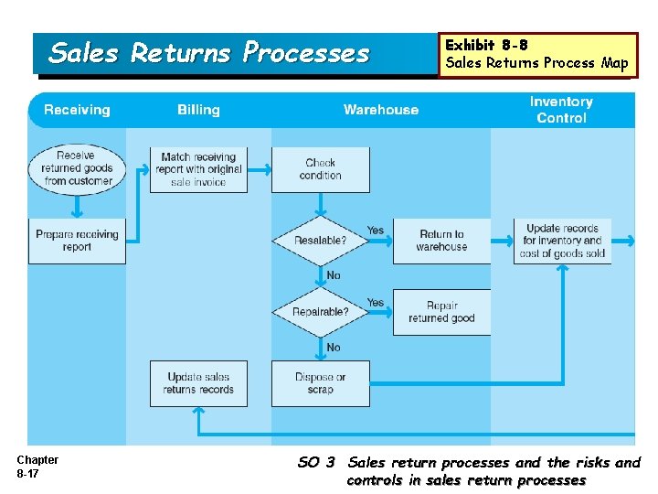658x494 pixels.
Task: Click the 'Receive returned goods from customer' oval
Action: pyautogui.click(x=77, y=168)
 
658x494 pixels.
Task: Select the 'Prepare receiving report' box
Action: pyautogui.click(x=77, y=241)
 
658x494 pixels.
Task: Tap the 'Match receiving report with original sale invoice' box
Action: pyautogui.click(x=199, y=169)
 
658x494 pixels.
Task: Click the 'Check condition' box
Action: pyautogui.click(x=321, y=169)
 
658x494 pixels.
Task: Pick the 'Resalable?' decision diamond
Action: pyautogui.click(x=321, y=241)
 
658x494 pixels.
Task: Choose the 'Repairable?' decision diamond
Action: pyautogui.click(x=321, y=312)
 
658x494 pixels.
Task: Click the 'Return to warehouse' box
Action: pyautogui.click(x=441, y=241)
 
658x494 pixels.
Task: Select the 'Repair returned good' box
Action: pyautogui.click(x=441, y=312)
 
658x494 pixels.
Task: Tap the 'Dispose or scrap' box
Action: pyautogui.click(x=321, y=383)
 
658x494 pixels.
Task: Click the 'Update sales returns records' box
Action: pyautogui.click(x=198, y=383)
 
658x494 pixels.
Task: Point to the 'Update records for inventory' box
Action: pyautogui.click(x=562, y=241)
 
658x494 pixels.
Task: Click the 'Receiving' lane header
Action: pyautogui.click(x=77, y=110)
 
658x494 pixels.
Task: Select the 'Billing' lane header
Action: pyautogui.click(x=198, y=110)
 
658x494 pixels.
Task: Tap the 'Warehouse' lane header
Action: pyautogui.click(x=381, y=110)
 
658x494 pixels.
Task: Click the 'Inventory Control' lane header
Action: pyautogui.click(x=561, y=110)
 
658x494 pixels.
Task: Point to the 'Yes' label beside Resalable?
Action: pyautogui.click(x=376, y=230)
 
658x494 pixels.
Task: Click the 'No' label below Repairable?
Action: pyautogui.click(x=334, y=348)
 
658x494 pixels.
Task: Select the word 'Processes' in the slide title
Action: pyautogui.click(x=306, y=53)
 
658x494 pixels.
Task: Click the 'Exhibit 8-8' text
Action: pyautogui.click(x=485, y=45)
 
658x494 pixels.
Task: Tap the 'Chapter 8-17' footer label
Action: pyautogui.click(x=37, y=467)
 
